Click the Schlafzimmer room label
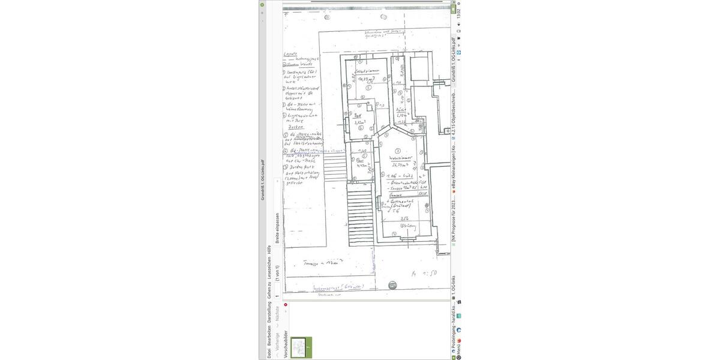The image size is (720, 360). click(363, 70)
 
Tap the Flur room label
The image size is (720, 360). click(360, 160)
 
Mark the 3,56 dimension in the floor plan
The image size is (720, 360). click(404, 218)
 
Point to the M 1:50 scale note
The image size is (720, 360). click(424, 273)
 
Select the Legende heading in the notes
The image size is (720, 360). click(290, 54)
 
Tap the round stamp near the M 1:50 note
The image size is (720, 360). click(392, 284)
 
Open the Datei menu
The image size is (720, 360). click(269, 352)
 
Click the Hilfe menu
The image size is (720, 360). click(269, 250)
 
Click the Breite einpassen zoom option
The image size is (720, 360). click(277, 229)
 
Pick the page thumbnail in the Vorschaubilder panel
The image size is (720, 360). click(301, 347)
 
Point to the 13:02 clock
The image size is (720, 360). click(458, 13)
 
